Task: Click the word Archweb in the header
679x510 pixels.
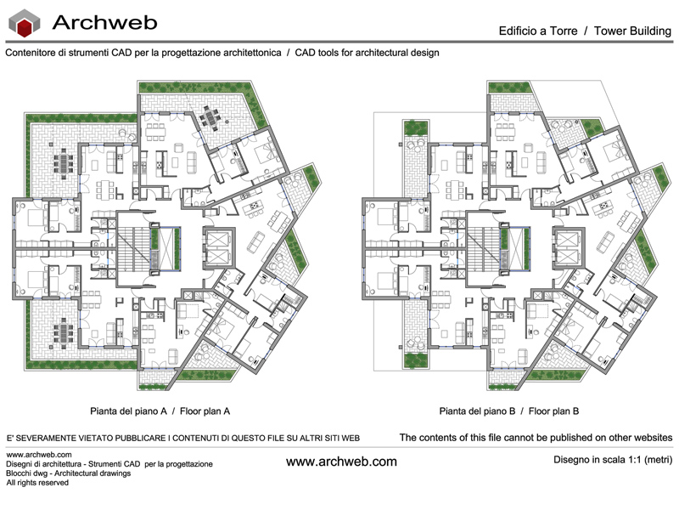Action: click(x=100, y=23)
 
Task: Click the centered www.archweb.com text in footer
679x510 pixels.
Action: click(x=341, y=462)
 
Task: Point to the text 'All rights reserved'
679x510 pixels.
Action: click(x=37, y=483)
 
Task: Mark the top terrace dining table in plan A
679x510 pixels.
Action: click(x=210, y=115)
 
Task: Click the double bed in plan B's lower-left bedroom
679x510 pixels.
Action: click(x=381, y=277)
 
